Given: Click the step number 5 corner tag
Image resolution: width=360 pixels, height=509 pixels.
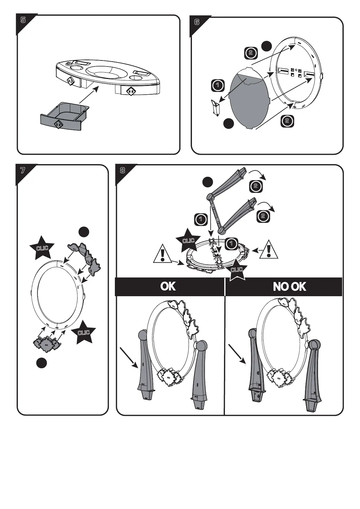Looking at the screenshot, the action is (23, 20).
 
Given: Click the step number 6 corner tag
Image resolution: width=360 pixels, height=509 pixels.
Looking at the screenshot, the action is (197, 22).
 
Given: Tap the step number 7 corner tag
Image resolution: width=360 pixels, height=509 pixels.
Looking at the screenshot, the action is (23, 170).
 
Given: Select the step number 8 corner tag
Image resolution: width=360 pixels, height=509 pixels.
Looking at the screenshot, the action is (122, 170).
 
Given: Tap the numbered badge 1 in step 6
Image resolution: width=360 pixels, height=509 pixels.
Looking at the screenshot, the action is (217, 85).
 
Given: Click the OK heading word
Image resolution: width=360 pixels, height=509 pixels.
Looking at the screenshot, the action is (168, 286).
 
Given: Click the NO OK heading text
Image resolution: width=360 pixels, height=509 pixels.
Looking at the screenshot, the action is (290, 286).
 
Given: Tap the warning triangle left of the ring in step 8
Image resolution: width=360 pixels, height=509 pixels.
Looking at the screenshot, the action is (163, 254).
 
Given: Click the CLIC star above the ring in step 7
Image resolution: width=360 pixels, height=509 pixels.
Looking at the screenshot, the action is (42, 248).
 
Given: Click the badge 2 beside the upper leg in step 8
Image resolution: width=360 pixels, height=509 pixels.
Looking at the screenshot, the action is (255, 186).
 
